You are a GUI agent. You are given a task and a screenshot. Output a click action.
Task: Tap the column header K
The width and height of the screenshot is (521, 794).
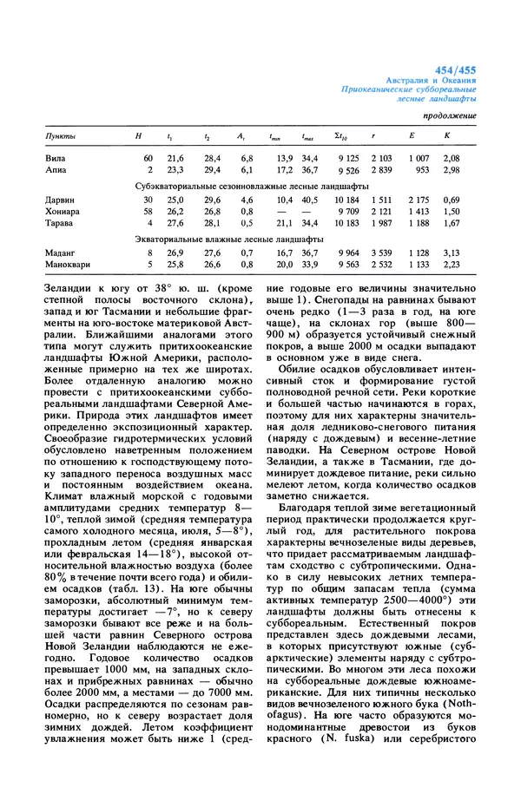tap(447, 136)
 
